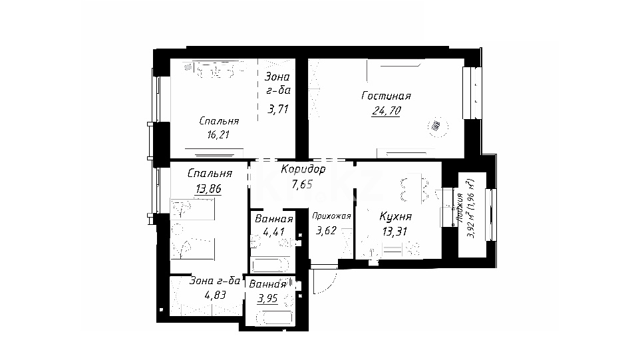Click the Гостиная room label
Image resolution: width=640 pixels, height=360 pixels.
[386, 96]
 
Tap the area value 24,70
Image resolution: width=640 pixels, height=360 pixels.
[386, 110]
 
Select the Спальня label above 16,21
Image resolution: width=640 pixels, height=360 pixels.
[219, 121]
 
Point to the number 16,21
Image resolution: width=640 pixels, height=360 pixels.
[218, 134]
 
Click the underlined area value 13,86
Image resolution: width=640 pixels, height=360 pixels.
[208, 188]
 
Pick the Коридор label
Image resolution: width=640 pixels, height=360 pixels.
[303, 169]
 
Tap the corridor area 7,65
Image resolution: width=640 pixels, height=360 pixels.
[302, 184]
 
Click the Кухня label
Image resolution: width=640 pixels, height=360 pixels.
[396, 216]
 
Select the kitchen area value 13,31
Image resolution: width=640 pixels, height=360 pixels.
[395, 232]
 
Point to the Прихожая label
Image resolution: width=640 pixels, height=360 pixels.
[331, 216]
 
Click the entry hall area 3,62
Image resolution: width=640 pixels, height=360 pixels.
[326, 231]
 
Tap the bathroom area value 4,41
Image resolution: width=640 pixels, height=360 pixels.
[273, 232]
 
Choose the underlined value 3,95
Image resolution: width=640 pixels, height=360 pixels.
[267, 299]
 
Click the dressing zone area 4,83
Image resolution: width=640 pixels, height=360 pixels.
[215, 295]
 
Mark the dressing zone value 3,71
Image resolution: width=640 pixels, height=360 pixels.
[278, 109]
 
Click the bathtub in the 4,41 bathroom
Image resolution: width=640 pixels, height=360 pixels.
[270, 266]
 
